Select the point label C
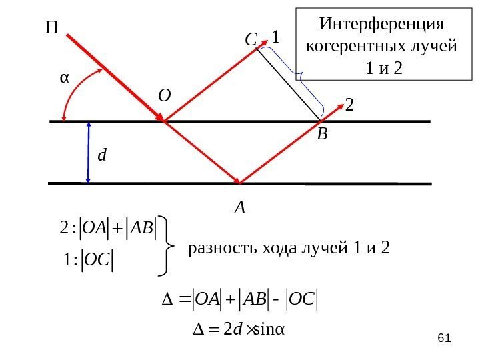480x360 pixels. tap(251, 41)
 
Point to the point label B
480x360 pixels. tap(323, 135)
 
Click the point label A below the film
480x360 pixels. tap(239, 208)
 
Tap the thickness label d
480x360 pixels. tap(102, 156)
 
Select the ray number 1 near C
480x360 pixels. tap(275, 39)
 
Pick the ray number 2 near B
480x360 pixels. tap(350, 105)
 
